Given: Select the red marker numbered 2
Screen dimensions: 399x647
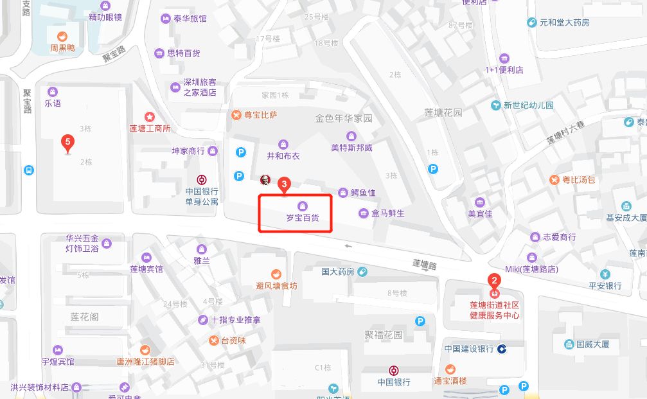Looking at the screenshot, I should click(494, 281).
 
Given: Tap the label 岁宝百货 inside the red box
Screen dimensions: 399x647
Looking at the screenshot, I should click(302, 218).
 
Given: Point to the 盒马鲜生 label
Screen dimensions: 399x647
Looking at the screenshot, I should click(387, 213).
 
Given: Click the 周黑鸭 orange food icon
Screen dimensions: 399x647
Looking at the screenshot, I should click(62, 37).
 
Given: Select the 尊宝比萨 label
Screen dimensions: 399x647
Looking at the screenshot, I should click(260, 116).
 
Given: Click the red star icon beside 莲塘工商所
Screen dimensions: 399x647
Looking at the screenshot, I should click(150, 117).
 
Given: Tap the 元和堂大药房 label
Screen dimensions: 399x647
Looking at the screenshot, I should click(564, 22).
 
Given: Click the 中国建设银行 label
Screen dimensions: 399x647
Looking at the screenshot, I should click(469, 349).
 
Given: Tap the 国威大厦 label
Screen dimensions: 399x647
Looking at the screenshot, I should click(592, 344).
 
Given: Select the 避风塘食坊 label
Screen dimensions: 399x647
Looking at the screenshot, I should click(276, 286).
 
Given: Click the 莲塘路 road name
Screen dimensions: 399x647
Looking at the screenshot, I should click(424, 263).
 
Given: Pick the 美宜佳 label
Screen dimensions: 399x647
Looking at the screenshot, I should click(479, 214).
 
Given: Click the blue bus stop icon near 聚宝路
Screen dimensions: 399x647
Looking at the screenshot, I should click(28, 170).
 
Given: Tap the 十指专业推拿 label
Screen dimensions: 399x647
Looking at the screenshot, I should click(236, 320).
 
